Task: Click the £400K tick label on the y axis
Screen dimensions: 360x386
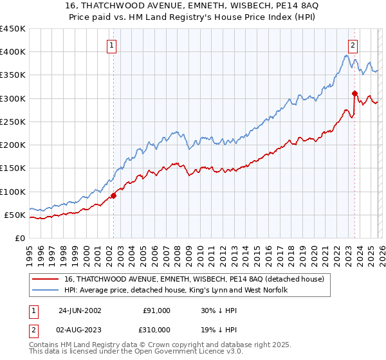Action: (x=13, y=52)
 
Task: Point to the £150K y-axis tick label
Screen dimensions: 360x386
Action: (x=13, y=168)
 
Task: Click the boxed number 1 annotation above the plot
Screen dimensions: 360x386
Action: (x=112, y=46)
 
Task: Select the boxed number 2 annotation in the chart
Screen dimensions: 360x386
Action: (x=353, y=45)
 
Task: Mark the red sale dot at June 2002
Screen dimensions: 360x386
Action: (x=114, y=195)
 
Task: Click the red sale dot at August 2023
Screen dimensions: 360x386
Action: (x=354, y=93)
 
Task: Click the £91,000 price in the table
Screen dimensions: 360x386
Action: (x=156, y=310)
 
